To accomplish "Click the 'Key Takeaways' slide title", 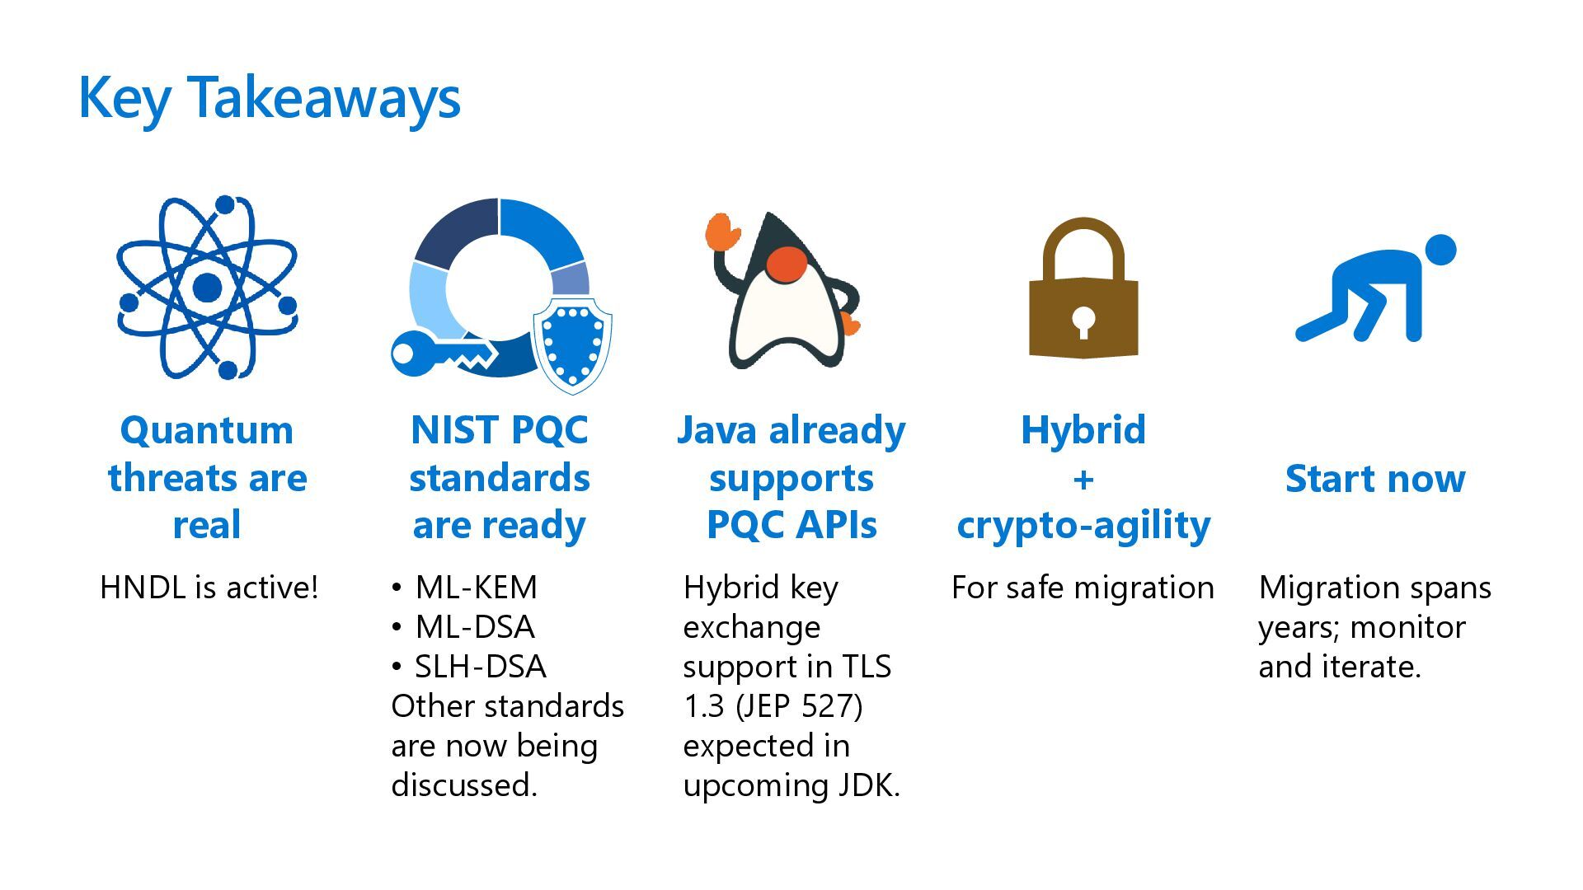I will pyautogui.click(x=269, y=98).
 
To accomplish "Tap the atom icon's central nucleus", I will pyautogui.click(x=207, y=288).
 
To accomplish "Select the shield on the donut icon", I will pyautogui.click(x=572, y=344).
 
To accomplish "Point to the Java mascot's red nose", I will pyautogui.click(x=786, y=264).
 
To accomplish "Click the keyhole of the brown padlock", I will pyautogui.click(x=1083, y=321).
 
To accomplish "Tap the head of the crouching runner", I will pyautogui.click(x=1440, y=250).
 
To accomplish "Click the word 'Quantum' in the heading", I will pyautogui.click(x=207, y=430).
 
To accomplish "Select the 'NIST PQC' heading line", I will pyautogui.click(x=500, y=430).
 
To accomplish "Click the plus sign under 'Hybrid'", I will pyautogui.click(x=1083, y=479).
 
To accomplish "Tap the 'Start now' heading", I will pyautogui.click(x=1375, y=479).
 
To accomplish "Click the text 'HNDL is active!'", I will pyautogui.click(x=209, y=588).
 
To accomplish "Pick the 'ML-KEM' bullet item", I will pyautogui.click(x=476, y=588).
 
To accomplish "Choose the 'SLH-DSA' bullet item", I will pyautogui.click(x=480, y=667).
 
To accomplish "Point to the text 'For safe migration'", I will pyautogui.click(x=1083, y=588).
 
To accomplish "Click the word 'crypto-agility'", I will pyautogui.click(x=1083, y=525).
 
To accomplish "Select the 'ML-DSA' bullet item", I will pyautogui.click(x=475, y=627).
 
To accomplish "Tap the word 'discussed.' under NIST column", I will pyautogui.click(x=464, y=785).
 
